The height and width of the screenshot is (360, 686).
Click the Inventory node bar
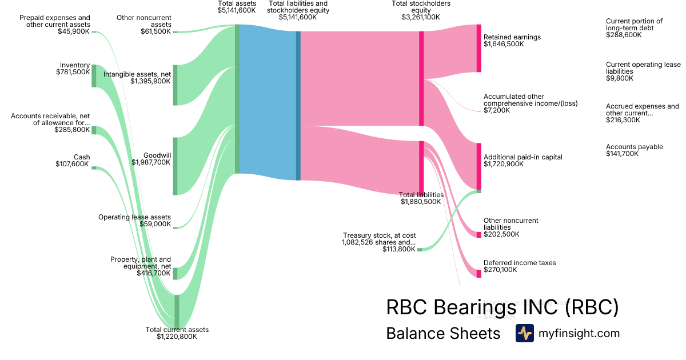(94, 76)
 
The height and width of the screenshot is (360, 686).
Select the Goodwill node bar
(176, 166)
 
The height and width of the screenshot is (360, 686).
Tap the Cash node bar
(94, 168)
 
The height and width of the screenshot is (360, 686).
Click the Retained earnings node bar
(479, 49)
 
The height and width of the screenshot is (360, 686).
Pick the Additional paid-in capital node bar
(479, 166)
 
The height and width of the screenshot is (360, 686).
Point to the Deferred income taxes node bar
(479, 274)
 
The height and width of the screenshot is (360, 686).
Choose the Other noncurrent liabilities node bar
(479, 235)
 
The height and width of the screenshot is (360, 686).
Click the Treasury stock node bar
(420, 250)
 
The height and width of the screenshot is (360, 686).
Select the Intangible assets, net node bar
(176, 85)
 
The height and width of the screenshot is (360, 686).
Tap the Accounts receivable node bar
(94, 130)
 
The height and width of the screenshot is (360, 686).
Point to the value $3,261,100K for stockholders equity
(421, 17)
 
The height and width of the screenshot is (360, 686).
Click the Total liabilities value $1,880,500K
(421, 202)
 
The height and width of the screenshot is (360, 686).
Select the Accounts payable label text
(627, 147)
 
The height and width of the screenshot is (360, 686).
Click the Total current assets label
(177, 330)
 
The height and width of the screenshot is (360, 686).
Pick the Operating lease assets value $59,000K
(155, 224)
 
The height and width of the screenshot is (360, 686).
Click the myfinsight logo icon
(524, 333)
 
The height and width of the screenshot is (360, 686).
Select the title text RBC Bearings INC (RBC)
(502, 307)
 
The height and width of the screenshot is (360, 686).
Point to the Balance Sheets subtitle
(443, 333)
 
